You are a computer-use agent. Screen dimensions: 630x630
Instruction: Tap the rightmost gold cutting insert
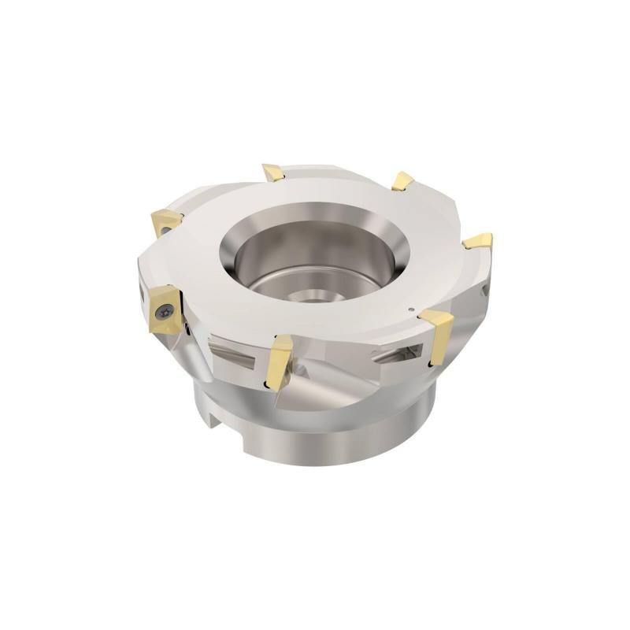(x=478, y=240)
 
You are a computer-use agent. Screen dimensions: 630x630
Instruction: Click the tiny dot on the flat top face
(x=410, y=309)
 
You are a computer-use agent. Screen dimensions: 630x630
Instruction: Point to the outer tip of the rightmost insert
(x=490, y=235)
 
